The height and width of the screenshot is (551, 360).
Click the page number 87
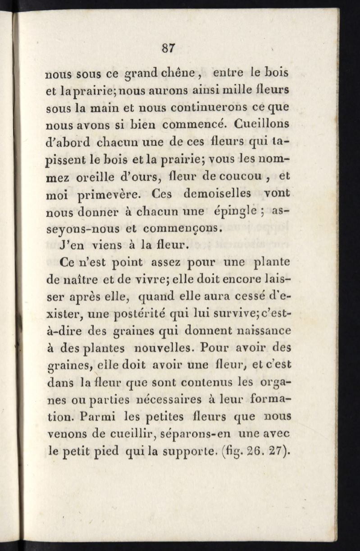pyautogui.click(x=169, y=47)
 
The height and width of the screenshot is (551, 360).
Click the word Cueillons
pyautogui.click(x=265, y=123)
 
